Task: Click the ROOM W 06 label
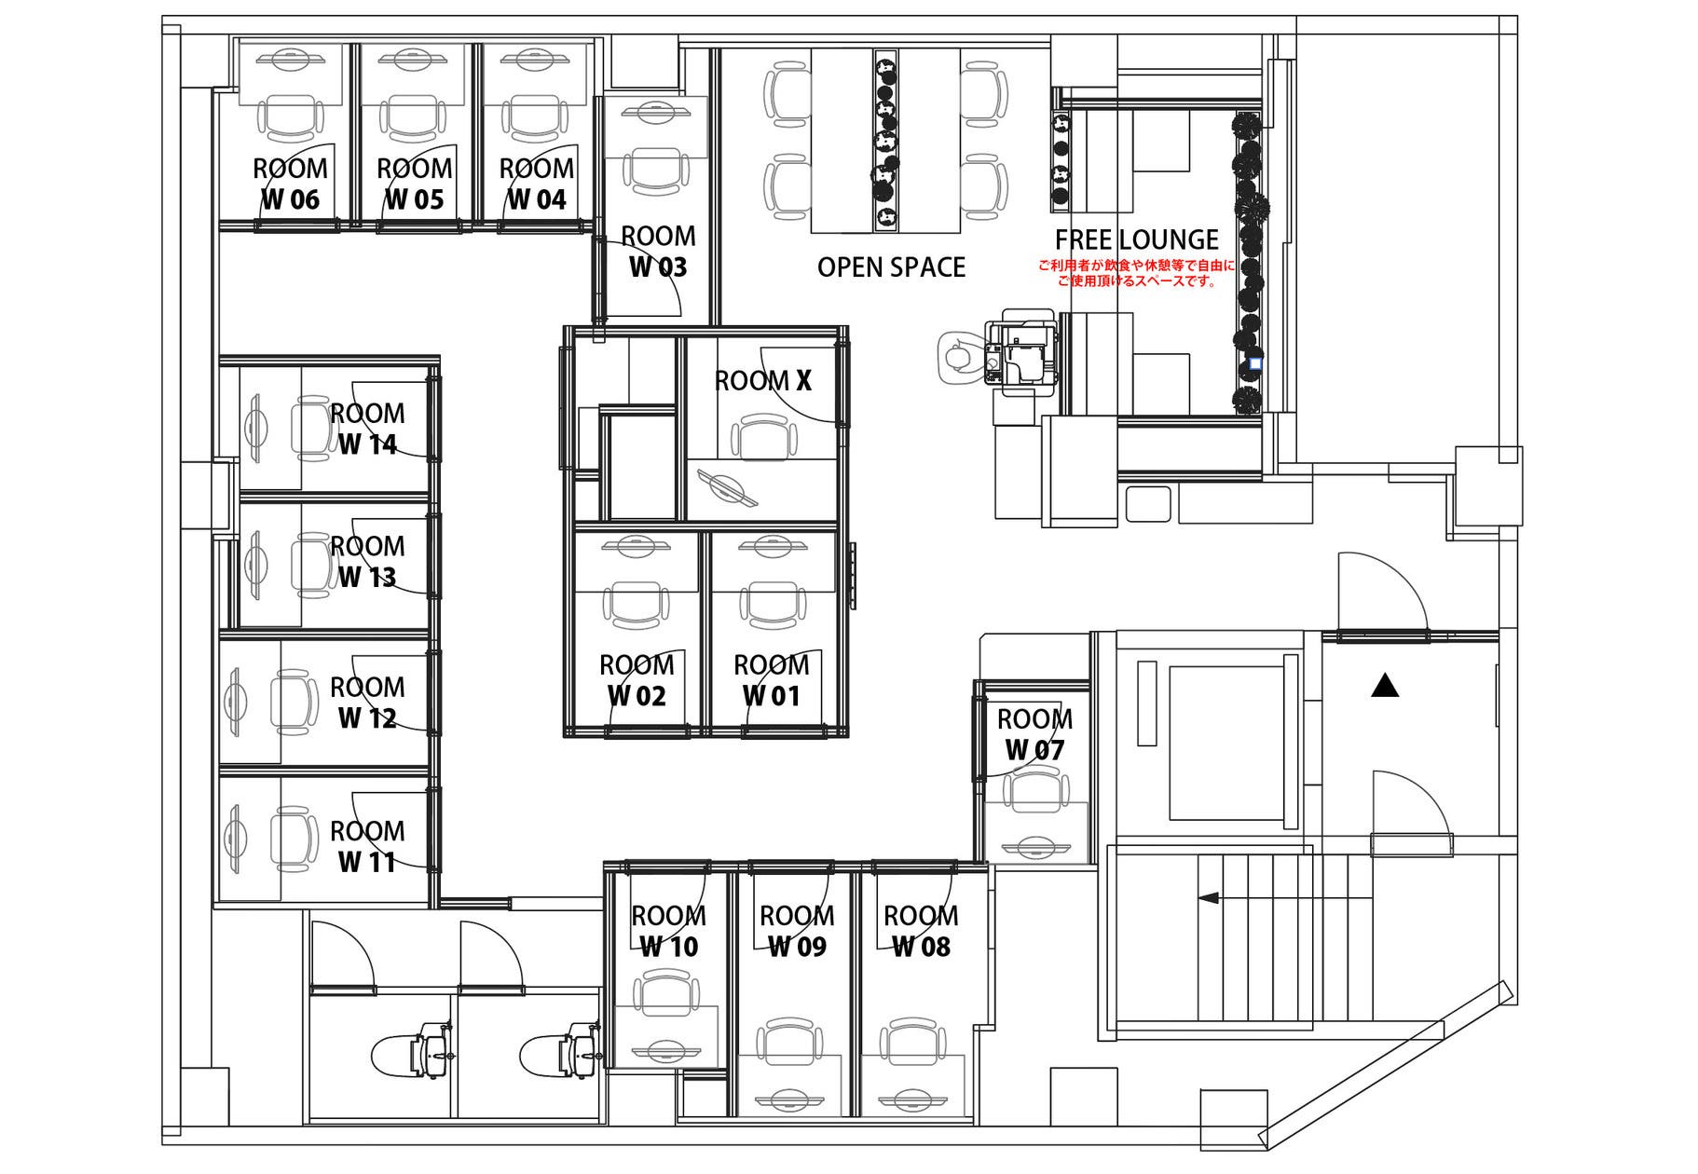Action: [x=290, y=184]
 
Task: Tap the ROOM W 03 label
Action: [x=658, y=252]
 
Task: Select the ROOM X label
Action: [x=763, y=380]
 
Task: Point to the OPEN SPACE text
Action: [x=891, y=267]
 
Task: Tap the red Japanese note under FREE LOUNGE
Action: [x=1136, y=273]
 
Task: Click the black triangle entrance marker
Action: [x=1386, y=686]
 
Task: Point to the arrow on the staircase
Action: [x=1285, y=898]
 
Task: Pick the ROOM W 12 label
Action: [x=367, y=703]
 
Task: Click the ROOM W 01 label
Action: [x=771, y=680]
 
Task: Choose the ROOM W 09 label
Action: [x=797, y=931]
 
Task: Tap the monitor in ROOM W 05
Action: [x=412, y=59]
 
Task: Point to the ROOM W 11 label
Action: [x=367, y=846]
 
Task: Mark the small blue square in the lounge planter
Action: [x=1254, y=363]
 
